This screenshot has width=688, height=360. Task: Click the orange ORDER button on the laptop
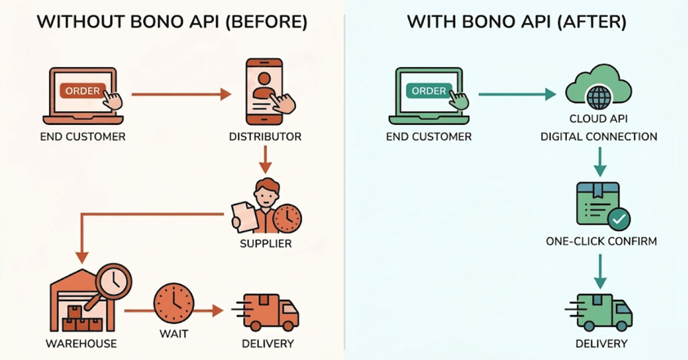[82, 91]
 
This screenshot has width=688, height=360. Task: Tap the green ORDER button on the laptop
[428, 91]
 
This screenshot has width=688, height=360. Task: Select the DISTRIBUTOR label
[265, 137]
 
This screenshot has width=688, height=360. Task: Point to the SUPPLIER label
[265, 244]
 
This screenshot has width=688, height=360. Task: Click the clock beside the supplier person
[287, 218]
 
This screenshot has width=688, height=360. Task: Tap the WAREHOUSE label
[81, 344]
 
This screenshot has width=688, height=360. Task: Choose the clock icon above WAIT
[174, 302]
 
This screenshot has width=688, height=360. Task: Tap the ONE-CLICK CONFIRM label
[601, 241]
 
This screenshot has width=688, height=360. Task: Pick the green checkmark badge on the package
[619, 218]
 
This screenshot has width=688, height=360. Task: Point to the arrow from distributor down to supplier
[265, 160]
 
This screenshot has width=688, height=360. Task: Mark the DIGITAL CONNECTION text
[599, 137]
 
